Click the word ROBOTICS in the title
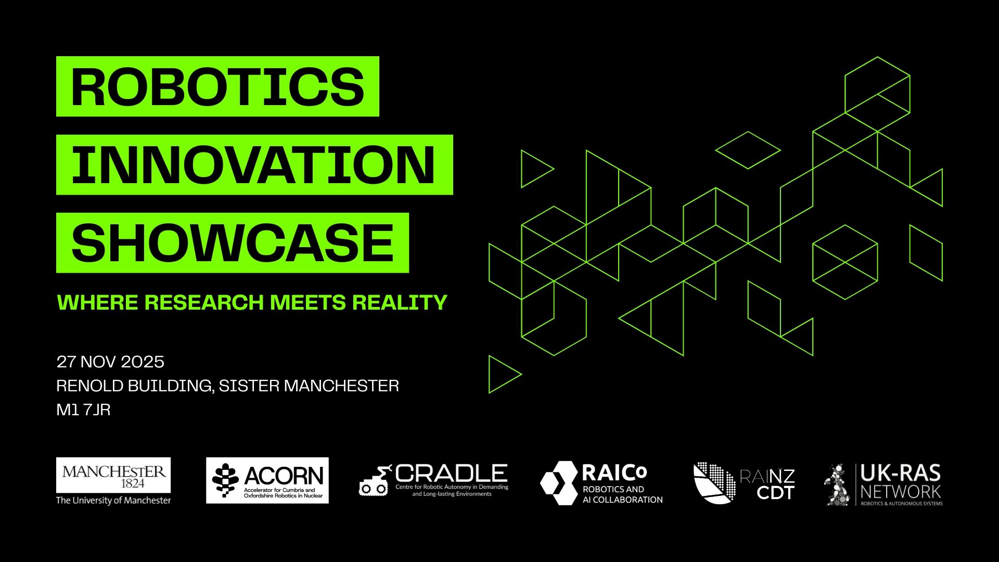[217, 86]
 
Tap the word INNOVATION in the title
[253, 164]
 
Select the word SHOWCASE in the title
[232, 243]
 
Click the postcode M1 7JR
[83, 410]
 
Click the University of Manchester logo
[113, 481]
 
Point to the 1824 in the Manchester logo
[133, 483]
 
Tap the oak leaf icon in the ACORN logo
[225, 481]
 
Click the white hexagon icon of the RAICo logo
[559, 483]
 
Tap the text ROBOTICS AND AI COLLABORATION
[622, 494]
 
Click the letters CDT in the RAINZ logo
[775, 492]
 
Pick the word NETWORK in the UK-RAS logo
[901, 491]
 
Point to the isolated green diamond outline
[748, 150]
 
